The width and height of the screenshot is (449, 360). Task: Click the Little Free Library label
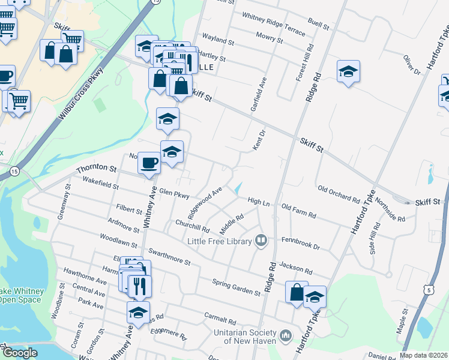tap(219, 241)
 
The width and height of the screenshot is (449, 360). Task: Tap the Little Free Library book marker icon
tap(261, 241)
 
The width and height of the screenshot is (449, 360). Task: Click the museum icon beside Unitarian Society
tap(286, 334)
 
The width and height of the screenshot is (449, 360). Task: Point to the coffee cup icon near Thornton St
tap(149, 163)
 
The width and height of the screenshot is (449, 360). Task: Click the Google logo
tap(19, 353)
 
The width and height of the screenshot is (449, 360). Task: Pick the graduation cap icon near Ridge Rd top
tap(348, 73)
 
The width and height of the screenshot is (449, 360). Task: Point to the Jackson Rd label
tap(296, 268)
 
